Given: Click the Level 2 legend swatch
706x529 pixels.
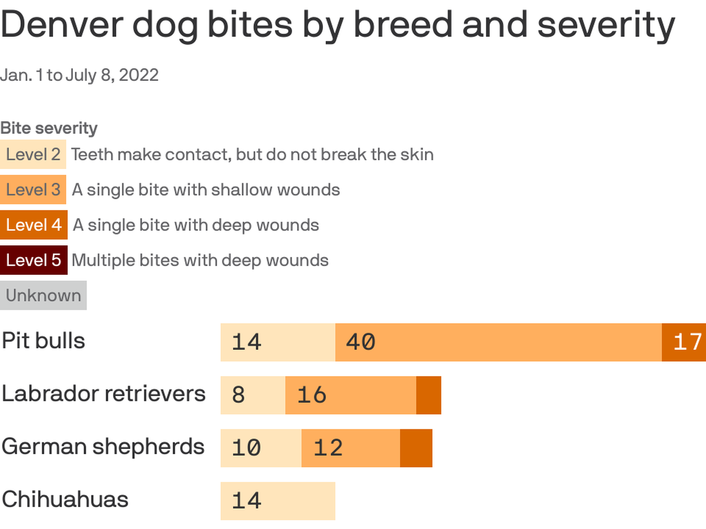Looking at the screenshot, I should point(33,154).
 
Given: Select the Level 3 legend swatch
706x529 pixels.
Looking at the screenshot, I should point(33,190).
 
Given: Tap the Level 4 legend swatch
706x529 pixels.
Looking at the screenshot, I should point(33,225).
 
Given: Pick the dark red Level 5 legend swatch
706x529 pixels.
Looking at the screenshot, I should point(33,260).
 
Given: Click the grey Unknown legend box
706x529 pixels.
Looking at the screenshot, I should point(43,295).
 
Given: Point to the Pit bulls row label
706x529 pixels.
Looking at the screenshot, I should point(43,341).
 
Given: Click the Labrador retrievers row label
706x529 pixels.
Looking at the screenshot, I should point(103,394).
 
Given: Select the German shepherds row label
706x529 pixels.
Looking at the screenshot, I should point(103,447).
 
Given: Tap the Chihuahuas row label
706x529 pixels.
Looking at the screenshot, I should point(65,500).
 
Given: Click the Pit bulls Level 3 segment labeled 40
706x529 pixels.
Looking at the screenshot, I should point(498,342).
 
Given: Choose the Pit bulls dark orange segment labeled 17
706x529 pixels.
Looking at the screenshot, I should point(684,342).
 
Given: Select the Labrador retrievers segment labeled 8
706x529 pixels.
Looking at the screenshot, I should point(253,395).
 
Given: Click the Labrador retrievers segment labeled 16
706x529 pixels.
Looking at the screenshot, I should point(350,395).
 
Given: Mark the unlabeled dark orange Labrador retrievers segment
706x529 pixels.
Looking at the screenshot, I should point(428,395).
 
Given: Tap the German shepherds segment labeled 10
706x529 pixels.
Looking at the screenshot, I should point(261,448).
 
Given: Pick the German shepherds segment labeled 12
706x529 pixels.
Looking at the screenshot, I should point(350,448).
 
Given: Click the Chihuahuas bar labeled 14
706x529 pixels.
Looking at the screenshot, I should point(278,501).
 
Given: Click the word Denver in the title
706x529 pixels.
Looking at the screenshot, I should point(62,25).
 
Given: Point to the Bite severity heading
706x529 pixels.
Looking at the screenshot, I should point(49,128).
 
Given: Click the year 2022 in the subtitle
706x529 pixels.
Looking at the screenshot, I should point(139,75).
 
